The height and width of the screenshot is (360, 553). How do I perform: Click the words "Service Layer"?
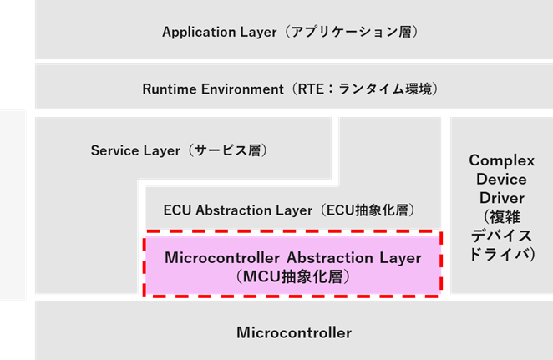[x=134, y=151]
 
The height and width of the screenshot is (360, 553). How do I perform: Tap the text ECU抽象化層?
[x=366, y=210]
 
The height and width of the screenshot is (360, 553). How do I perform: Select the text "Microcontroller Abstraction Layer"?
[x=293, y=257]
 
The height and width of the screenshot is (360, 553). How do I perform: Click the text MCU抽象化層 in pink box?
[x=292, y=275]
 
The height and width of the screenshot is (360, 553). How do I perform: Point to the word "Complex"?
[x=496, y=160]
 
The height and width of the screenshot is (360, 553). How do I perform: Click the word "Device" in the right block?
[x=496, y=179]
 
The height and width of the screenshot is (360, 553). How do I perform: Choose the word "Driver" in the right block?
[x=496, y=198]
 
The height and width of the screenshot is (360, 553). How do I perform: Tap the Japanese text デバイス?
[x=496, y=236]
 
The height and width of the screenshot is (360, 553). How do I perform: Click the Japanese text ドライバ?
[x=496, y=255]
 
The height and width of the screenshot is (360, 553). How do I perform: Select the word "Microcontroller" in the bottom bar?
[x=294, y=332]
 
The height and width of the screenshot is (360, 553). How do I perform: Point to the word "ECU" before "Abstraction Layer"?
[x=178, y=210]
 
